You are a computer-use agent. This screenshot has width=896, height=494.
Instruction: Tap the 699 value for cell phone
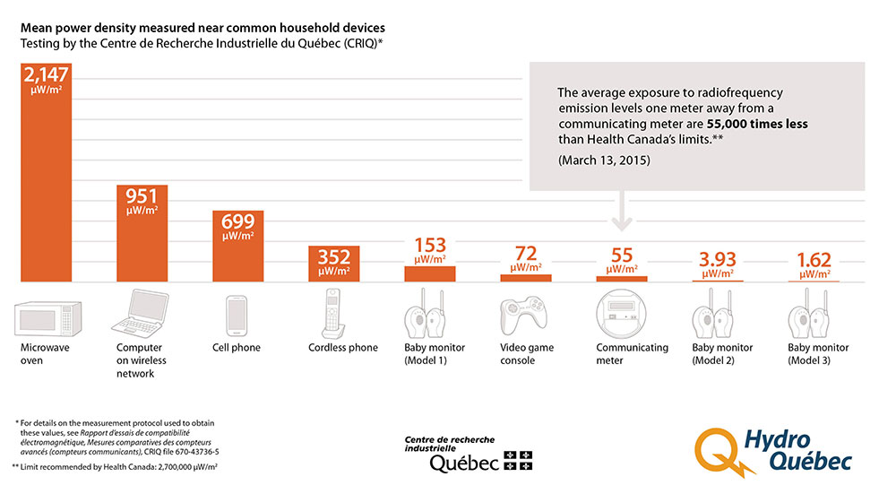click(x=238, y=221)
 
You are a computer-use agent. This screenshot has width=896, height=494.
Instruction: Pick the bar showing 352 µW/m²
click(x=333, y=263)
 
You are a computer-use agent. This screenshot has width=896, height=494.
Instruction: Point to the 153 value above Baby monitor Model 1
click(x=429, y=246)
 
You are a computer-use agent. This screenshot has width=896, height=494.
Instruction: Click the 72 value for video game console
click(x=525, y=254)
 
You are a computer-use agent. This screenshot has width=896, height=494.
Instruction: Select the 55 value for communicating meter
click(x=621, y=255)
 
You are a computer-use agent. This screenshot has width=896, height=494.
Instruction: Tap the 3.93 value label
click(x=717, y=259)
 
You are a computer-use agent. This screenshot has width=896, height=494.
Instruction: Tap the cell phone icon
click(x=237, y=315)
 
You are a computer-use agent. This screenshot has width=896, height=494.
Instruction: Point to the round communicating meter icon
click(x=621, y=314)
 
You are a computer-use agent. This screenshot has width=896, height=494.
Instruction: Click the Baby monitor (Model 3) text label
click(x=818, y=353)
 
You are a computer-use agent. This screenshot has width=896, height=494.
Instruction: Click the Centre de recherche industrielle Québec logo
click(x=467, y=454)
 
